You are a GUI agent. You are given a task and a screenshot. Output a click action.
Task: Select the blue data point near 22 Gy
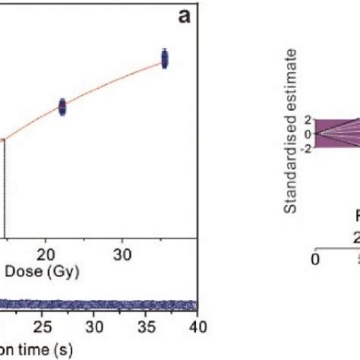62,107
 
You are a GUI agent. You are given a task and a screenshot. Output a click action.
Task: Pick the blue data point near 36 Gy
164,58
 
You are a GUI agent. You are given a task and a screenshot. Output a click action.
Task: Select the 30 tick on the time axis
94,327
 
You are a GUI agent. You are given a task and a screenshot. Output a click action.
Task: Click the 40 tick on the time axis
197,327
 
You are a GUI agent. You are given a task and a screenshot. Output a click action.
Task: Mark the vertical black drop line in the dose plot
5,182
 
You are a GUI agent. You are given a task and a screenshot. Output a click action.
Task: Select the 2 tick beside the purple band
308,120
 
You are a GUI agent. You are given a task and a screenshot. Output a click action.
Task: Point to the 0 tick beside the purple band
308,134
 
